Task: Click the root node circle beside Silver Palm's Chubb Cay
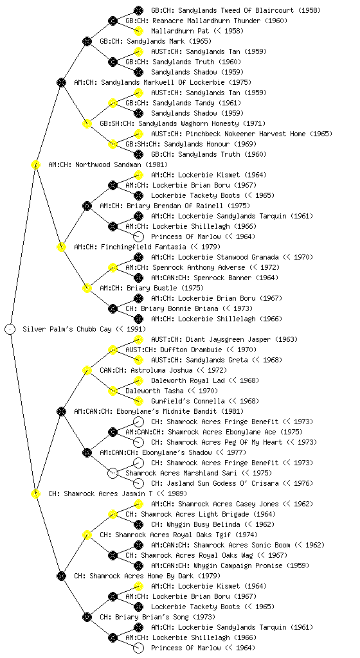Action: click(x=10, y=330)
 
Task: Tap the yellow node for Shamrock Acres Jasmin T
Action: click(x=35, y=494)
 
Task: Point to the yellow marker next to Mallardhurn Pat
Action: click(x=138, y=31)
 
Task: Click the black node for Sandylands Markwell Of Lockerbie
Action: click(x=61, y=83)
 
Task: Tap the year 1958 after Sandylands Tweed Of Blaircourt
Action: click(x=311, y=10)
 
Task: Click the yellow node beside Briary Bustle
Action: click(x=87, y=289)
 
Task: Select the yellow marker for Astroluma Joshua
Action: click(x=87, y=371)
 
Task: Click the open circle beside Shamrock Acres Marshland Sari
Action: click(x=113, y=474)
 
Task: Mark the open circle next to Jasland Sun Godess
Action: click(x=138, y=483)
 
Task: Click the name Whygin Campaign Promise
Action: click(x=238, y=565)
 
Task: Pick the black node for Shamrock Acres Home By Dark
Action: click(x=61, y=576)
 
